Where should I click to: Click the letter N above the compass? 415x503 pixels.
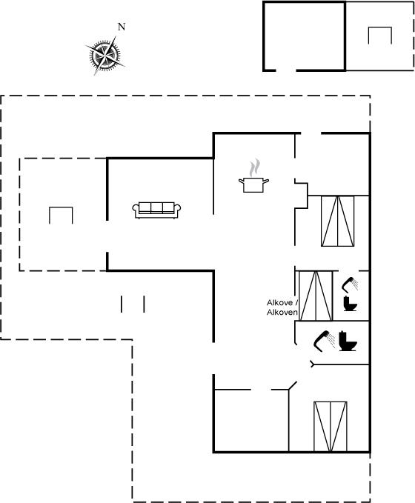122,27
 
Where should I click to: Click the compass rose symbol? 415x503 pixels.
104,56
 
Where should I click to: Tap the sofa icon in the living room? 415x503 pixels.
156,210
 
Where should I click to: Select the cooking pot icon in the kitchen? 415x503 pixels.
253,184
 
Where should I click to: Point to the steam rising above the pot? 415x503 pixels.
254,167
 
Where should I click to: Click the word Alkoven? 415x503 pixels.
282,312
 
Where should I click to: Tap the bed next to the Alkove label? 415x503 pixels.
316,296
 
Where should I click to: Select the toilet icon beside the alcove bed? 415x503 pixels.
350,304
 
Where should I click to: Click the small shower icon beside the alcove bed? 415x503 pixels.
350,284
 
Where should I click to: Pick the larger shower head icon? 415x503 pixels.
324,341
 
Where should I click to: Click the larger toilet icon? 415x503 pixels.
348,341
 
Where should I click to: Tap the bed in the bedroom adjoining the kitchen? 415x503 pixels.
338,221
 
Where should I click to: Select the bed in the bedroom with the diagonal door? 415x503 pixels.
331,427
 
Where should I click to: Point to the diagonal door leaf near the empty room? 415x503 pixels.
293,385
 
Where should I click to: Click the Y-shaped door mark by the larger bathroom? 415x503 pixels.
312,364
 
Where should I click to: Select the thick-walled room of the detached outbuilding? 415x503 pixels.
304,36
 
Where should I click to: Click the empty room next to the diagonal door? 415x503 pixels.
251,420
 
